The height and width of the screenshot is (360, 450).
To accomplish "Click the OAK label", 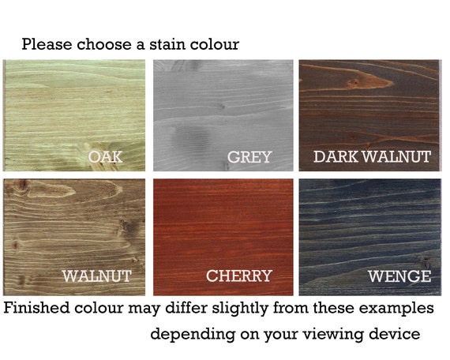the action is pos(105,157).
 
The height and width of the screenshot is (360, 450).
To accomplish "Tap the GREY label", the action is pos(249,157).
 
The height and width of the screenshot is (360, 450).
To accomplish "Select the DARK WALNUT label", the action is pos(372,157).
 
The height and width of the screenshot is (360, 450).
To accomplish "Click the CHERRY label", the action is pos(238,276).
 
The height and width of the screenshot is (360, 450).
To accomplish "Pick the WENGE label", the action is pos(399,276).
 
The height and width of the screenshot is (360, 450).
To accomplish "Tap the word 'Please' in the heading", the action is pos(47,44).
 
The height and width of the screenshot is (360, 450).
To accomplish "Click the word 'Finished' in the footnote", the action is pos(37,308).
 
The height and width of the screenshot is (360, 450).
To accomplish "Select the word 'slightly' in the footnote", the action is pos(240,309).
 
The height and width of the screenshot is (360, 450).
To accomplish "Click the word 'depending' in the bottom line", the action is pos(193,335).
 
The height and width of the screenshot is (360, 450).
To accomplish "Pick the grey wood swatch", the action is pos(223,115).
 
